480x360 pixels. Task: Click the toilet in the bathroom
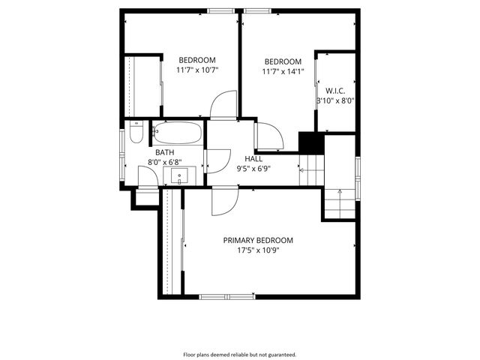tap(136, 133)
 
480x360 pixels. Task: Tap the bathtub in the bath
tap(177, 133)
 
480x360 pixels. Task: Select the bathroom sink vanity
tap(180, 176)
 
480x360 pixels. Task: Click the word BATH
tap(164, 151)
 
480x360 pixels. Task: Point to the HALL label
tap(253, 158)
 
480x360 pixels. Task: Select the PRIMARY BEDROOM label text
tap(258, 240)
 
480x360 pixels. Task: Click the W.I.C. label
tap(334, 90)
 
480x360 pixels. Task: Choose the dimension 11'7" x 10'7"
tap(197, 70)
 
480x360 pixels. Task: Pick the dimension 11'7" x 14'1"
tap(283, 72)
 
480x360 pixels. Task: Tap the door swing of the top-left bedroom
tap(223, 105)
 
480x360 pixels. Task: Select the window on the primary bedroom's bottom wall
tap(227, 296)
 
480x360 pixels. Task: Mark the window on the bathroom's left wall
tap(123, 154)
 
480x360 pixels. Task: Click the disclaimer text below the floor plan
tap(240, 354)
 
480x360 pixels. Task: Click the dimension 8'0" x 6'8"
tap(164, 161)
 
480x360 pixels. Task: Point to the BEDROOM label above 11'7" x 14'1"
tap(283, 61)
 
